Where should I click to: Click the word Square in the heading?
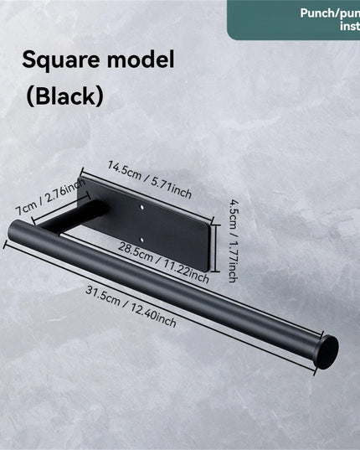[x=58, y=60]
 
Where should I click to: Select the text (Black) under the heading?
[x=64, y=95]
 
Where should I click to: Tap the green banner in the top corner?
[x=293, y=18]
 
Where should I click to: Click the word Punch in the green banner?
[x=319, y=13]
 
